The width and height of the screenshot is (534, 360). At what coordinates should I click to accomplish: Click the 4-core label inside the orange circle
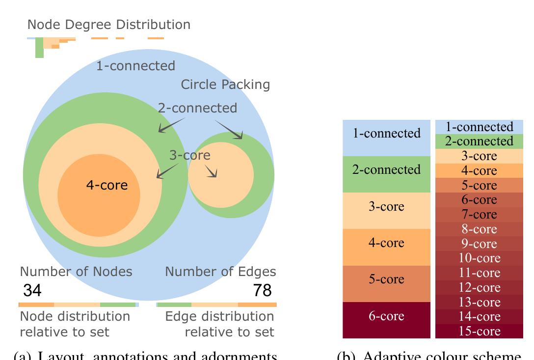coord(107,186)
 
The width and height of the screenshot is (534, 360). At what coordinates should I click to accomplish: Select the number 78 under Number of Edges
coord(262,291)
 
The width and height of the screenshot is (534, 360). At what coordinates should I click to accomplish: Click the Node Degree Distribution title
coord(108,25)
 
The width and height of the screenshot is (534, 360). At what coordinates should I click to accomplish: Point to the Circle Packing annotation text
coord(225,85)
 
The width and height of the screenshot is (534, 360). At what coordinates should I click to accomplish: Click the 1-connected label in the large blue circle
coord(135,66)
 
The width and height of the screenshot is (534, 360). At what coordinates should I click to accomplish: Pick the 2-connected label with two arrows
coord(197,108)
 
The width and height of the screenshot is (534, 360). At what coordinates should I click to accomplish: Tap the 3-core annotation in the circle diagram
coord(189,156)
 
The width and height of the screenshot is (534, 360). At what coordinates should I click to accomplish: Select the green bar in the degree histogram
coord(39,49)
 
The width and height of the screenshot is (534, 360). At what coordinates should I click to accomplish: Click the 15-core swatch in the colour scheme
coord(479,332)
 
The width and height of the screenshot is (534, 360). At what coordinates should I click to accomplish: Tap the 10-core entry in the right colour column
coord(479,258)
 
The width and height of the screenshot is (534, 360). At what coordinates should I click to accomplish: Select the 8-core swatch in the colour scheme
coord(479,229)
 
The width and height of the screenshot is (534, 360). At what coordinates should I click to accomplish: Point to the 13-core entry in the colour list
coord(479,302)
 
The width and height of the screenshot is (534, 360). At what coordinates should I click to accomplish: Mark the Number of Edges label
coord(220,272)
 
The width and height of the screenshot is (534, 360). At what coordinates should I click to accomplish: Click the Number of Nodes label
coord(76,272)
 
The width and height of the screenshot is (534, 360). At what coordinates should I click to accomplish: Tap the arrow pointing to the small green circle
coord(230,130)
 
